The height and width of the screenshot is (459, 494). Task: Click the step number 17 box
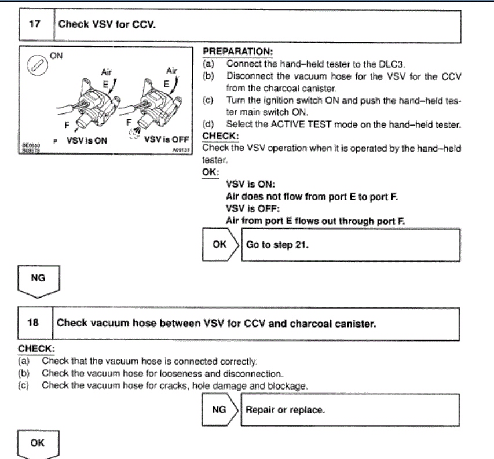pyautogui.click(x=35, y=25)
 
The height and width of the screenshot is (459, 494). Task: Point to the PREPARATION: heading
pyautogui.click(x=237, y=53)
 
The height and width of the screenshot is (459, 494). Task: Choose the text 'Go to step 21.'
pyautogui.click(x=277, y=244)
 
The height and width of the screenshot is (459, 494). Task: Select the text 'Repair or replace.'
pyautogui.click(x=285, y=410)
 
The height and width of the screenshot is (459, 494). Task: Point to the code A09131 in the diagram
pyautogui.click(x=180, y=148)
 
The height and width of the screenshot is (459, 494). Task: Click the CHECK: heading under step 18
pyautogui.click(x=36, y=349)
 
